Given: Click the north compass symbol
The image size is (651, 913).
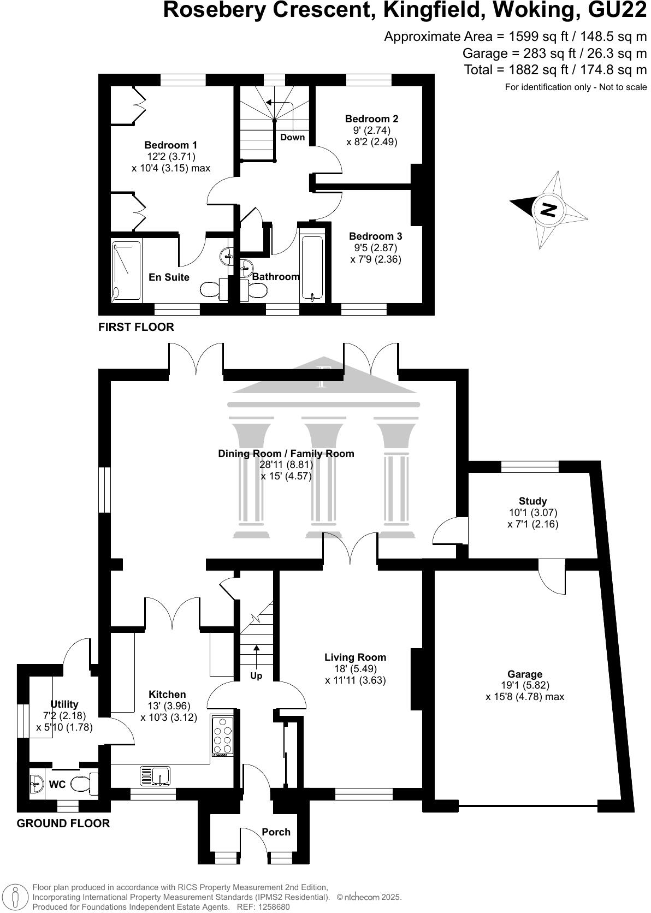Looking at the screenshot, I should pos(548,209).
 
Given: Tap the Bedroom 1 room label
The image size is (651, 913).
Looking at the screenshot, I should pos(170,145).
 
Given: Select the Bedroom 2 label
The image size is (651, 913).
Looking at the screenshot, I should pos(371,119).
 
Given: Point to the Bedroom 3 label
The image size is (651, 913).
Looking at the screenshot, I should pos(375,236).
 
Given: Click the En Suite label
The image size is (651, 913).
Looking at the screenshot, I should pos(169,277).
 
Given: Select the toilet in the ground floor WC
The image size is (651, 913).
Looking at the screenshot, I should pos(85,785).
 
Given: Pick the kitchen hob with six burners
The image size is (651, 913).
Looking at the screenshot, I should pos(222,736).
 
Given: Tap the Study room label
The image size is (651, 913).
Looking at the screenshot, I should pos(532,501).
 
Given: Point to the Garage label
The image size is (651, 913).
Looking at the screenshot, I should pos(525,674).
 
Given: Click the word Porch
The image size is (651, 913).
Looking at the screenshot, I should pos(276,832).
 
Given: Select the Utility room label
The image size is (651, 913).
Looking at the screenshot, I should pos(64,704).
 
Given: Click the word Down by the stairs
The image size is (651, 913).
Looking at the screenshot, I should pos(292,138).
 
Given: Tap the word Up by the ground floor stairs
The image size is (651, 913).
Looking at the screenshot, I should pos(256,676).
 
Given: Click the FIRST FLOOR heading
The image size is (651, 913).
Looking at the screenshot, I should pos(136,327).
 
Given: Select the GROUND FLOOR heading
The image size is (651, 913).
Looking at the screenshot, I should pos(63,823).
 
